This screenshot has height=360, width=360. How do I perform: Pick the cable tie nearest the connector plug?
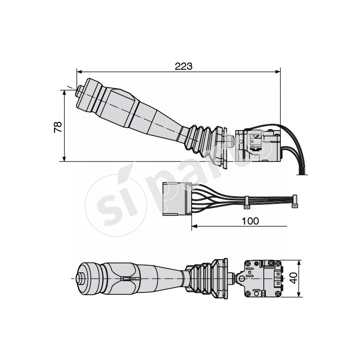[x=247, y=201]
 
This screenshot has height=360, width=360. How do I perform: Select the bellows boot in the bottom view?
[x=207, y=278]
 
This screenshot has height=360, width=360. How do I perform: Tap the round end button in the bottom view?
[x=83, y=279]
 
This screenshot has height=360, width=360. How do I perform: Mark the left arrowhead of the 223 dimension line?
[x=79, y=71]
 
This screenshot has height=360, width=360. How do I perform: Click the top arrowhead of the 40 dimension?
[x=300, y=262]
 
